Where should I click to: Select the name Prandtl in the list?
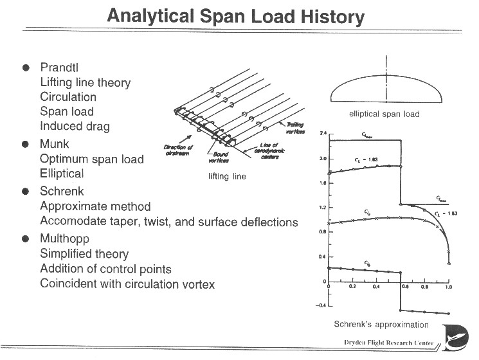(x=61, y=68)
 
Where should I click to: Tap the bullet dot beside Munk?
(x=26, y=145)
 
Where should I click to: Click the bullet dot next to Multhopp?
(x=26, y=239)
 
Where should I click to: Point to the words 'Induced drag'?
(x=75, y=126)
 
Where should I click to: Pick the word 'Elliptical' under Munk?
(x=62, y=174)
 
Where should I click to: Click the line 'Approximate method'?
(x=95, y=206)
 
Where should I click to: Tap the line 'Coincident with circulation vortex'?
(x=127, y=284)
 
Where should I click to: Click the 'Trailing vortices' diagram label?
(x=296, y=128)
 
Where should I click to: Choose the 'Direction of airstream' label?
(x=179, y=151)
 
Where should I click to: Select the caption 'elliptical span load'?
(x=384, y=114)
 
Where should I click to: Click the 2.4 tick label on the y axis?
(x=323, y=134)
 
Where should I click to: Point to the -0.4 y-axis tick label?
(x=321, y=305)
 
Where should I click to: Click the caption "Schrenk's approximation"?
(x=381, y=325)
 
